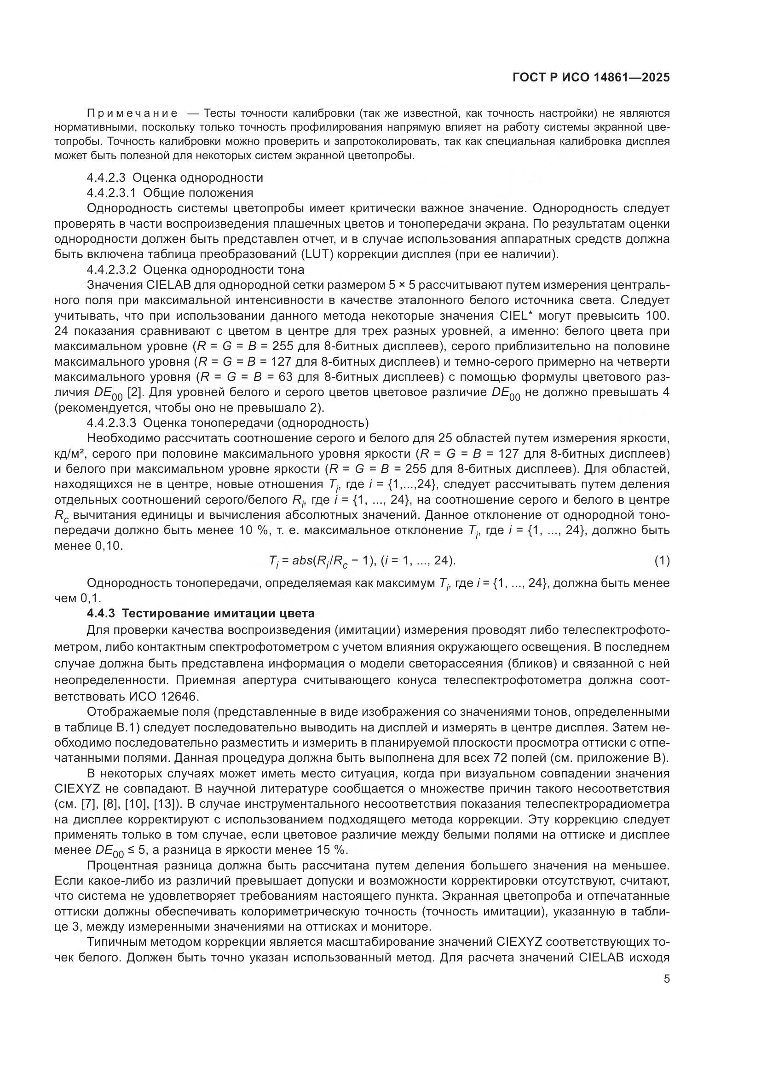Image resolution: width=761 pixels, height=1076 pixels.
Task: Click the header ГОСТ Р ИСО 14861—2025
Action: (x=591, y=78)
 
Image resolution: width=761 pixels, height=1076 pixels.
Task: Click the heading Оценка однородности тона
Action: (x=224, y=270)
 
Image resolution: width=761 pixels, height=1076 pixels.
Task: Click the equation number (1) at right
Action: (x=662, y=561)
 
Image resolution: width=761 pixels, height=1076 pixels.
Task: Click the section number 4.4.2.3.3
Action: (x=111, y=423)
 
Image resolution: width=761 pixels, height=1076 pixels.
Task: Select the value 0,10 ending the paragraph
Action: (x=108, y=546)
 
